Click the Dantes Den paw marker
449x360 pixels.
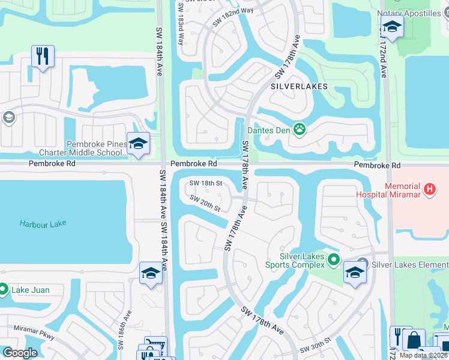pos(299,128)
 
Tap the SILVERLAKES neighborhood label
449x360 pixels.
pos(299,86)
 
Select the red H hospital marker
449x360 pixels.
pos(429,190)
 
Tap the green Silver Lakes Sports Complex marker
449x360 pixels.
pos(334,260)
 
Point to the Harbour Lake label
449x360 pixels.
pos(42,224)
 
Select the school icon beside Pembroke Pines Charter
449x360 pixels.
pos(138,145)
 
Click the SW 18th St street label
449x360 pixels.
pos(206,184)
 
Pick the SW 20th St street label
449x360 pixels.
pos(206,203)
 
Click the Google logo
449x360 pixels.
pos(20,353)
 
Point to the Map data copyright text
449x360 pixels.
pos(423,355)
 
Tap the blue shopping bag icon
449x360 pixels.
pos(414,340)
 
